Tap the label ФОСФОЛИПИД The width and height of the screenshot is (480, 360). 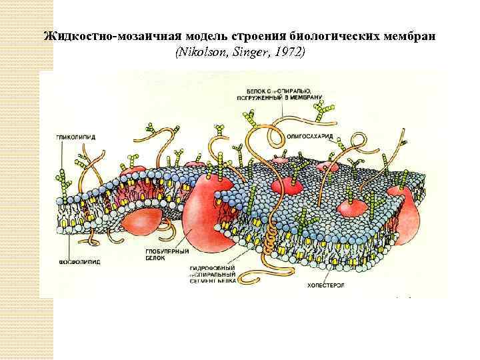click(x=80, y=263)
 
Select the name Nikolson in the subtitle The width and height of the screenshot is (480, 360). click(x=199, y=51)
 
